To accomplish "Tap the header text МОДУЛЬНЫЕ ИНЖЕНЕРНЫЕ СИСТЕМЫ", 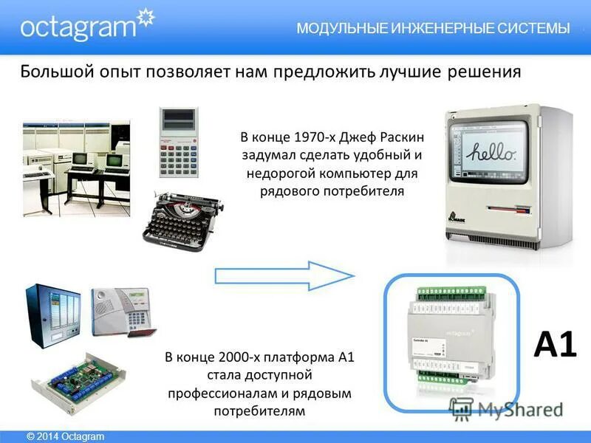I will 433,29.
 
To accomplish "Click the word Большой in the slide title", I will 55,72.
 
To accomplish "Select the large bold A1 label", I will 554,344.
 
